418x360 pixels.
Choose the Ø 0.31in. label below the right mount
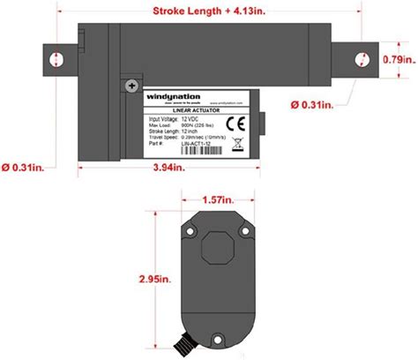(x=310, y=104)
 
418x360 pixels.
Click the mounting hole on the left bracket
(x=56, y=58)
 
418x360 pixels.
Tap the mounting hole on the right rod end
(x=361, y=59)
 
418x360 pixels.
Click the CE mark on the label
(x=235, y=123)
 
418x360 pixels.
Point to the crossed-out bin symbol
(x=235, y=143)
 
